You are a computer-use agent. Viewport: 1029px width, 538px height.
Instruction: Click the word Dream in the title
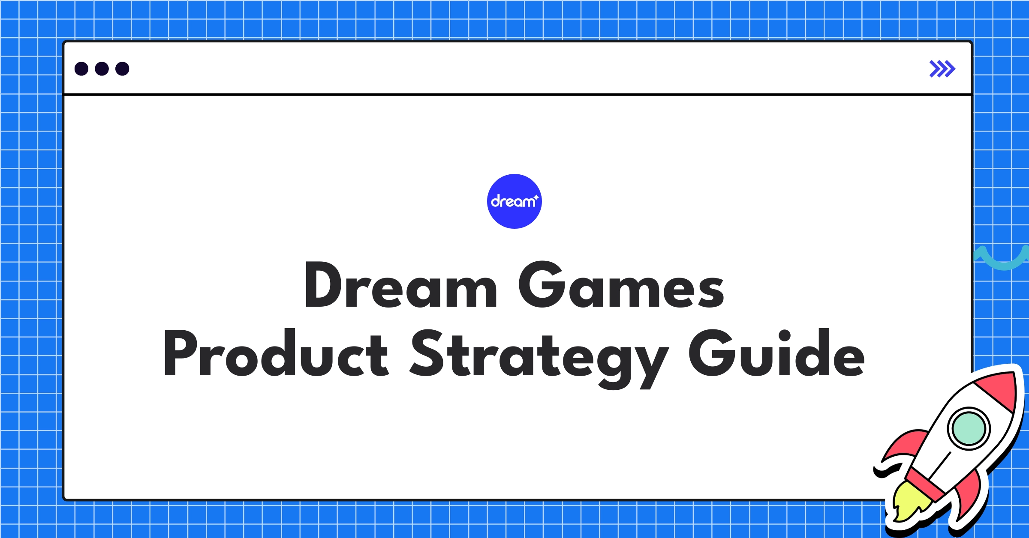[x=400, y=285]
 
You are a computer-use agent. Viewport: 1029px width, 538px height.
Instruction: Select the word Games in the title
[x=621, y=285]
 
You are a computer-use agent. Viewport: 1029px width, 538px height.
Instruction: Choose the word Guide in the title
[x=776, y=354]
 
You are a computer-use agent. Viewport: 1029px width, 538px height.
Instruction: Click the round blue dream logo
[x=514, y=201]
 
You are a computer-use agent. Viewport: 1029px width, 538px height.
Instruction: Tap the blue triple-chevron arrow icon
[x=942, y=69]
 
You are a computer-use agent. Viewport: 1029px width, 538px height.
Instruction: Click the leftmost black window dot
[x=81, y=69]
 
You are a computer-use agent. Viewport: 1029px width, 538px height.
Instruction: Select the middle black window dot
[x=102, y=69]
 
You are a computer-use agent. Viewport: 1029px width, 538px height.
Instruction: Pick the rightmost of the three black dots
[x=122, y=69]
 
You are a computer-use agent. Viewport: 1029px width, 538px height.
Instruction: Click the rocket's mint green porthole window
[x=969, y=428]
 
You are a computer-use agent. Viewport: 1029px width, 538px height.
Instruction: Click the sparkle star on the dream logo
[x=536, y=197]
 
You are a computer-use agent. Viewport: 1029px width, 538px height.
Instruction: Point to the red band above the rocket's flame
[x=926, y=484]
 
